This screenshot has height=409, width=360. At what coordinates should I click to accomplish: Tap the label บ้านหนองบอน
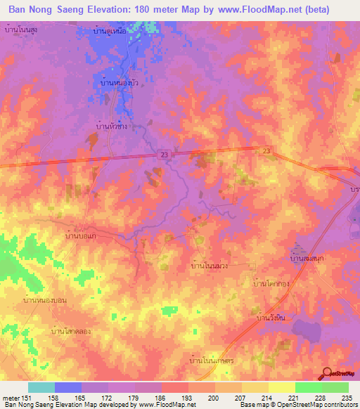coord(45,300)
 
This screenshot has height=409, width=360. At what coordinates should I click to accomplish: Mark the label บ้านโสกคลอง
coord(72,330)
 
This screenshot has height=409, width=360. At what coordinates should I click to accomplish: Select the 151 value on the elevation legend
coord(28,397)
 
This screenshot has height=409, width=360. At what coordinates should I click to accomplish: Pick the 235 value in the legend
coord(346,397)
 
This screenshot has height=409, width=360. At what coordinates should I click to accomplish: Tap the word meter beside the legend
coord(11,397)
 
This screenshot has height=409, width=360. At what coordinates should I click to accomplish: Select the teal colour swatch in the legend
coord(41,387)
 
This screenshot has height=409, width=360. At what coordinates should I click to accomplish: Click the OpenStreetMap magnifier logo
coord(328,375)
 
